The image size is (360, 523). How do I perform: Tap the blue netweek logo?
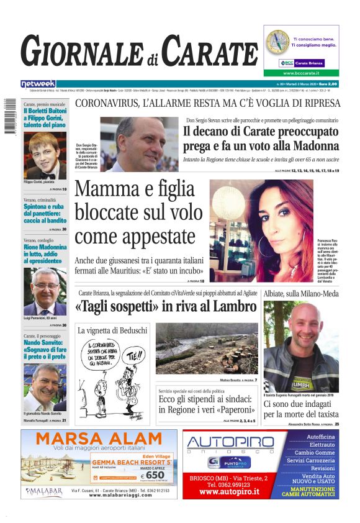(x=38, y=83)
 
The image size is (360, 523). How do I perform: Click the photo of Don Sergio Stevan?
(x=140, y=144)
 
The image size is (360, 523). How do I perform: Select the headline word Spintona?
(x=39, y=206)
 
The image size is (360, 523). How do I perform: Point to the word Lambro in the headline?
(x=235, y=307)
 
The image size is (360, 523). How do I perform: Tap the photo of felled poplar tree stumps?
(x=206, y=348)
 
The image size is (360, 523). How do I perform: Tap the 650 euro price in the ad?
(x=155, y=475)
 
